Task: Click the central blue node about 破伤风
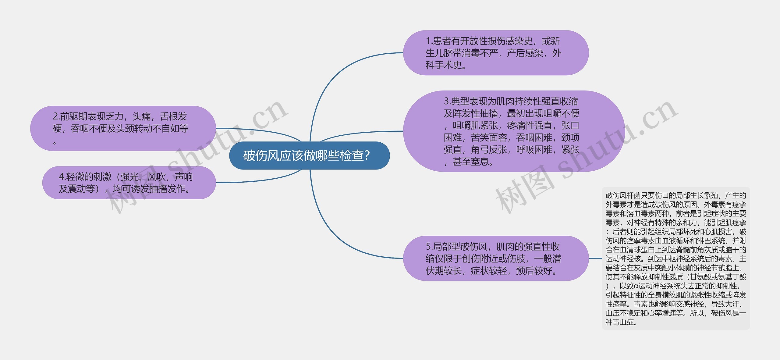(309, 155)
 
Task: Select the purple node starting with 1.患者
(496, 53)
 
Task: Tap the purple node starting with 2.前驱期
(123, 128)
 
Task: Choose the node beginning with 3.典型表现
(514, 131)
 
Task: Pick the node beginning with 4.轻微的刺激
(129, 183)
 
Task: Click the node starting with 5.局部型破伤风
(496, 258)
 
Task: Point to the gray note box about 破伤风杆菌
(676, 258)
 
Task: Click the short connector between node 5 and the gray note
(595, 258)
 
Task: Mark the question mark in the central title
(367, 156)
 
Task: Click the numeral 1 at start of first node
(428, 41)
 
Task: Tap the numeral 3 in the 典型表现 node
(446, 101)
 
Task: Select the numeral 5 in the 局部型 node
(428, 246)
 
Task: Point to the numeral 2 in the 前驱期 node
(55, 116)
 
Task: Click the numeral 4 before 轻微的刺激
(61, 177)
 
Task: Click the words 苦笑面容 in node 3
(489, 138)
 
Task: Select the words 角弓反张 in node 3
(489, 150)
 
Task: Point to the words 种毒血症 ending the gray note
(619, 322)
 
